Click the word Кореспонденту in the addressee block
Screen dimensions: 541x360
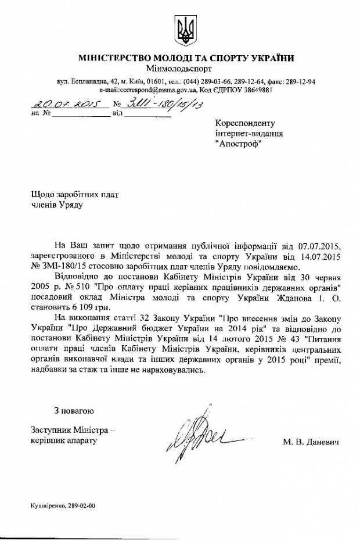[244, 123]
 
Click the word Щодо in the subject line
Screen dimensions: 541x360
[42, 195]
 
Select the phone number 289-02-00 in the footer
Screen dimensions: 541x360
[82, 505]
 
